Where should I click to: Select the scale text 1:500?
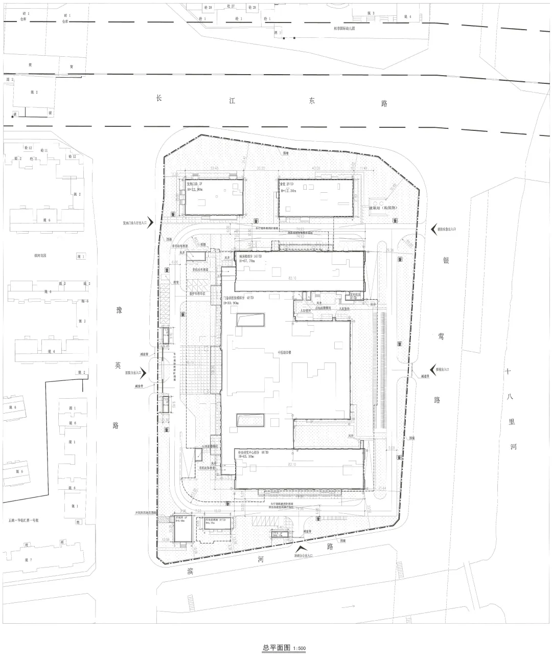coord(299,649)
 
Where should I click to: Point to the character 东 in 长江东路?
coord(312,101)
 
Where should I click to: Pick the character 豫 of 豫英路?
coord(119,311)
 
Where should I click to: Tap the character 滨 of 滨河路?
coord(191,569)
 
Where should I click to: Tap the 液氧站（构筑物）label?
coord(386,208)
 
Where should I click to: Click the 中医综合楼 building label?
coord(285,352)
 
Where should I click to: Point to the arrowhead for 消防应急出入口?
coord(433,229)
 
